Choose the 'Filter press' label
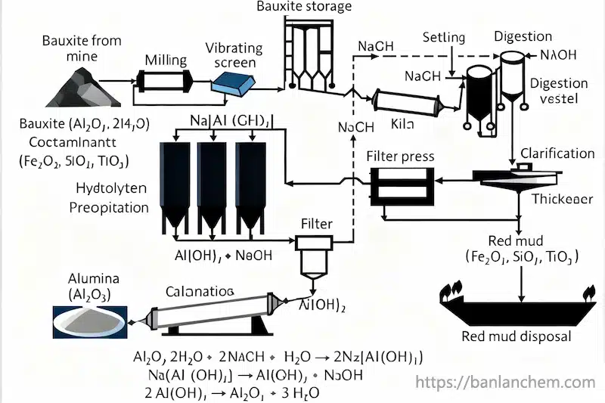[x=400, y=157]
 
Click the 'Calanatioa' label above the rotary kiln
[x=200, y=291]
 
